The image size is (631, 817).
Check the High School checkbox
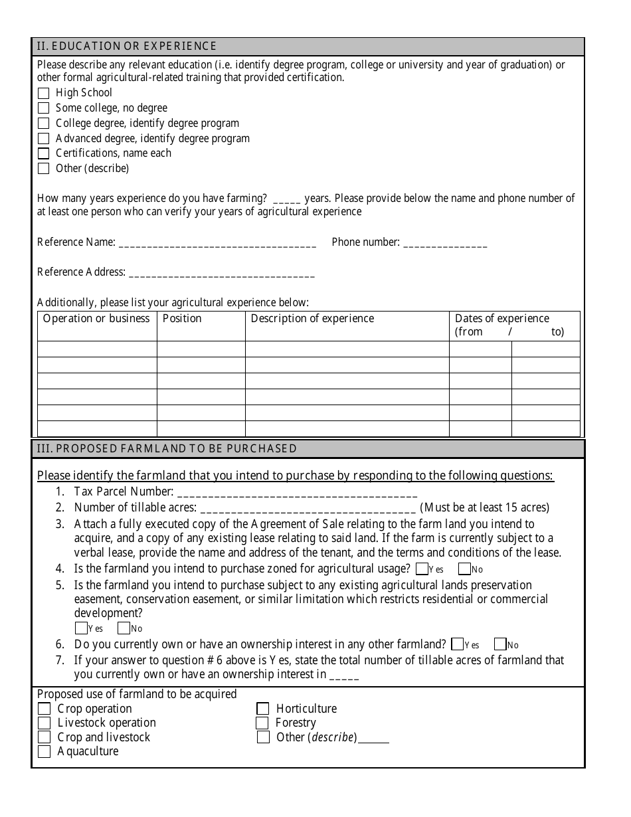pos(43,93)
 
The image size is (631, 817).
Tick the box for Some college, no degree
pos(43,108)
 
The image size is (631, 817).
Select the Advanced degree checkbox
pos(43,139)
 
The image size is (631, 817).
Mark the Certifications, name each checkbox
pos(43,153)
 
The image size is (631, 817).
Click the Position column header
pos(182,319)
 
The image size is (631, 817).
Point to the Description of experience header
pos(312,319)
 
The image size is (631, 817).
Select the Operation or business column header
pos(96,319)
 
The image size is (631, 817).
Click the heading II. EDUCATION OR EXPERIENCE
pos(126,46)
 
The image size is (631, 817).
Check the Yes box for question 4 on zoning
pos(421,569)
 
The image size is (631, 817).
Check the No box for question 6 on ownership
pos(499,644)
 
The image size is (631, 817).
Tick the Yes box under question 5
pos(81,628)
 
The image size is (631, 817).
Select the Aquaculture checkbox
pos(44,752)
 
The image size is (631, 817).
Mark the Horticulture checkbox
pos(263,709)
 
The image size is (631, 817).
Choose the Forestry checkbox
pos(262,723)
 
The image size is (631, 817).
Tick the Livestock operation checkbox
pos(44,723)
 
